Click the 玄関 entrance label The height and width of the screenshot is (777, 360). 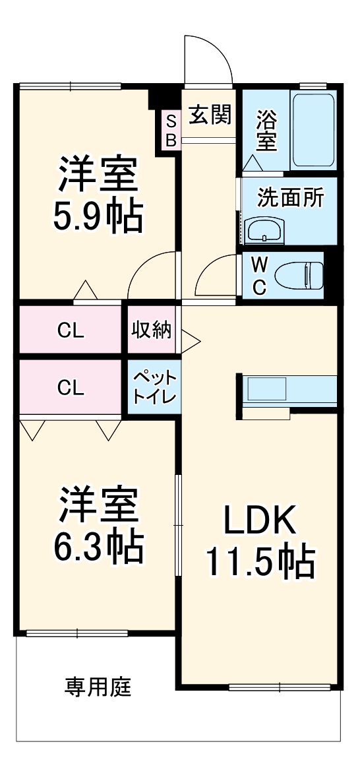[210, 115]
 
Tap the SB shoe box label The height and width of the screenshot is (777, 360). [171, 130]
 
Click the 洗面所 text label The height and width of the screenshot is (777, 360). [290, 197]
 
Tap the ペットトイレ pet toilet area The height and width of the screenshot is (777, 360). [154, 388]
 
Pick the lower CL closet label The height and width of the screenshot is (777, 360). [71, 388]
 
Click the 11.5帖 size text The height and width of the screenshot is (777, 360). [260, 561]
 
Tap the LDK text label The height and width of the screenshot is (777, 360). [260, 521]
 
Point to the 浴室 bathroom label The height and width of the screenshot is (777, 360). [266, 130]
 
